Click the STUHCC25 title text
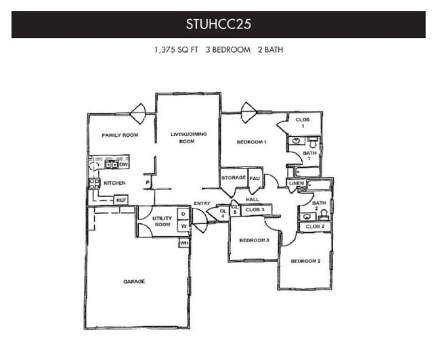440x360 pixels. click(219, 25)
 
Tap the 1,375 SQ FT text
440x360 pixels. click(176, 50)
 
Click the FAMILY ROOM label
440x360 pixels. click(120, 135)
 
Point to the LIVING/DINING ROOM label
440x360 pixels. click(188, 138)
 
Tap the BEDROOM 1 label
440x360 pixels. click(251, 142)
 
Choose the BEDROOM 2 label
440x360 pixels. click(305, 261)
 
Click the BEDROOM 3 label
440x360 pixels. click(255, 240)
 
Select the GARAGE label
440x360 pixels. click(133, 281)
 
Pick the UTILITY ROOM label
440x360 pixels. click(162, 221)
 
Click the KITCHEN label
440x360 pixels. click(114, 183)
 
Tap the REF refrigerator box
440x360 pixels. click(120, 200)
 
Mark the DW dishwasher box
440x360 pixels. click(123, 164)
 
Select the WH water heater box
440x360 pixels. click(183, 243)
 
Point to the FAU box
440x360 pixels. click(255, 177)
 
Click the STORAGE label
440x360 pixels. click(234, 178)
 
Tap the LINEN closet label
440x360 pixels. click(296, 183)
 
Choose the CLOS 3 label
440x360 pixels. click(255, 210)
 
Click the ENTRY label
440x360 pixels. click(202, 204)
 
